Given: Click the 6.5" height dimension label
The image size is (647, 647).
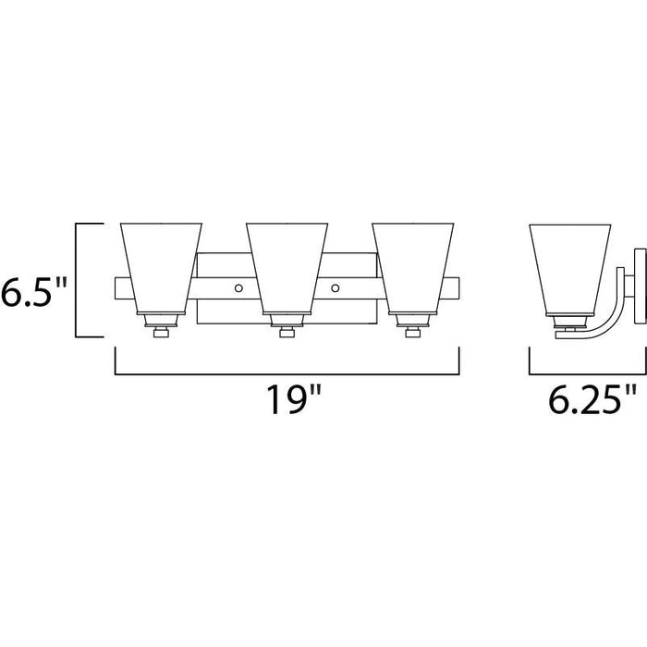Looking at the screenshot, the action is pos(33,292).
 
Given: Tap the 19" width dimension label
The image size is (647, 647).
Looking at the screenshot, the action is pos(293,399).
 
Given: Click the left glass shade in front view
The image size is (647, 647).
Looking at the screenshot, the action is pos(161,269).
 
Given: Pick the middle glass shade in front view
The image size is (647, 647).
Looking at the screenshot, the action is pos(287,269).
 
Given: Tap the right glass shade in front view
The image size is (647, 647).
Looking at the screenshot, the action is pos(412,269).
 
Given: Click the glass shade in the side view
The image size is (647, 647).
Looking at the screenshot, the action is pos(570,270).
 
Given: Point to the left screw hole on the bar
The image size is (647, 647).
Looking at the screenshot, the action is pos(238,288).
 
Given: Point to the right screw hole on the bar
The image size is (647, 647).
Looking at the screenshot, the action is pos(335,288).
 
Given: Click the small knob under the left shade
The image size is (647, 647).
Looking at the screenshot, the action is pos(161,332).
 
